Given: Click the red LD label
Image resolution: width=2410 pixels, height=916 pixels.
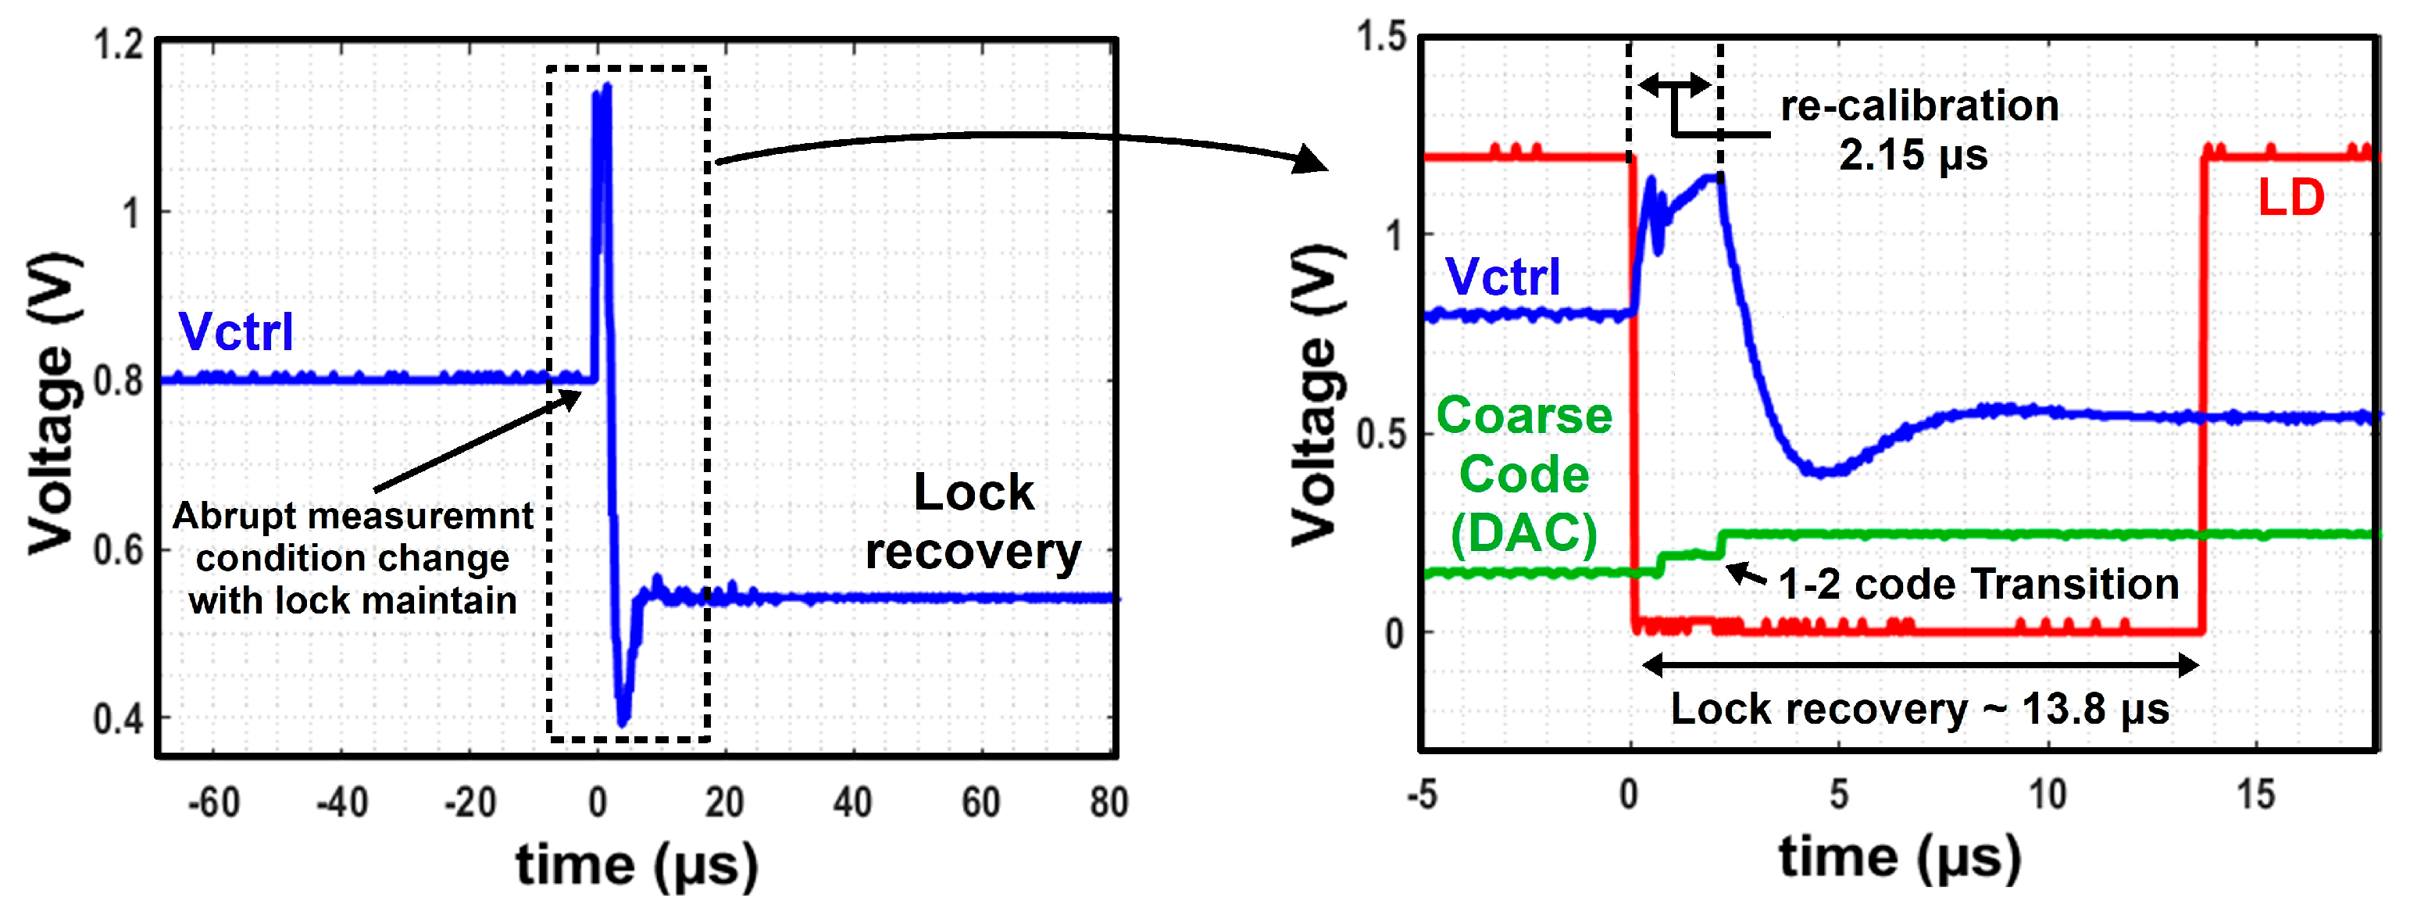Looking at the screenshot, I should pos(2290,199).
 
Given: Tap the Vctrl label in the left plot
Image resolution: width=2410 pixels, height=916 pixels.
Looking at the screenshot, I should pos(236,332).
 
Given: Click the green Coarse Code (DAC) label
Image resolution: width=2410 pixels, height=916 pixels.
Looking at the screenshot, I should pos(1524,474).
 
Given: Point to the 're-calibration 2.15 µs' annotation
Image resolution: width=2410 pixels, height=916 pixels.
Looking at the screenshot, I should pos(1918,130).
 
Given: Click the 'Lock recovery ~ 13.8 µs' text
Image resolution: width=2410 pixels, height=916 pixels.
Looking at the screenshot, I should pos(1919,709).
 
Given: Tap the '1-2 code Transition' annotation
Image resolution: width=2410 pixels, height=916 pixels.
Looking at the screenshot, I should pos(1978,585).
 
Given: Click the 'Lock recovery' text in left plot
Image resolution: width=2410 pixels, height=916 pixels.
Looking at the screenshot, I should pos(973,521).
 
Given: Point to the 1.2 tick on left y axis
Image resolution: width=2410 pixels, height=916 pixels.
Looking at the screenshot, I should pos(119,45).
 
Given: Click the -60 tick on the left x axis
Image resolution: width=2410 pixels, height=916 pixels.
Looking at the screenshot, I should pos(213,803).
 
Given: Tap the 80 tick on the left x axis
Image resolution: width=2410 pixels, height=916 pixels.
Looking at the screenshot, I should pos(1109,803).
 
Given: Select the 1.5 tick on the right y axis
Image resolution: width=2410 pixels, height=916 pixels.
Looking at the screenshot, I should pos(1382,38).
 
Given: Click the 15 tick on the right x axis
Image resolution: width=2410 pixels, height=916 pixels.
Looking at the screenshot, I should pos(2255,796).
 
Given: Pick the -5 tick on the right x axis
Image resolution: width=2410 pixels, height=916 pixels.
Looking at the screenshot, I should pos(1422,796).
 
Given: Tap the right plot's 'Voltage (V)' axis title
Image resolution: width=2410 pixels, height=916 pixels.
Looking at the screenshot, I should pos(1316,394).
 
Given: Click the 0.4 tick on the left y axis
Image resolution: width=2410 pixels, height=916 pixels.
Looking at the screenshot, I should pos(119,718).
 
